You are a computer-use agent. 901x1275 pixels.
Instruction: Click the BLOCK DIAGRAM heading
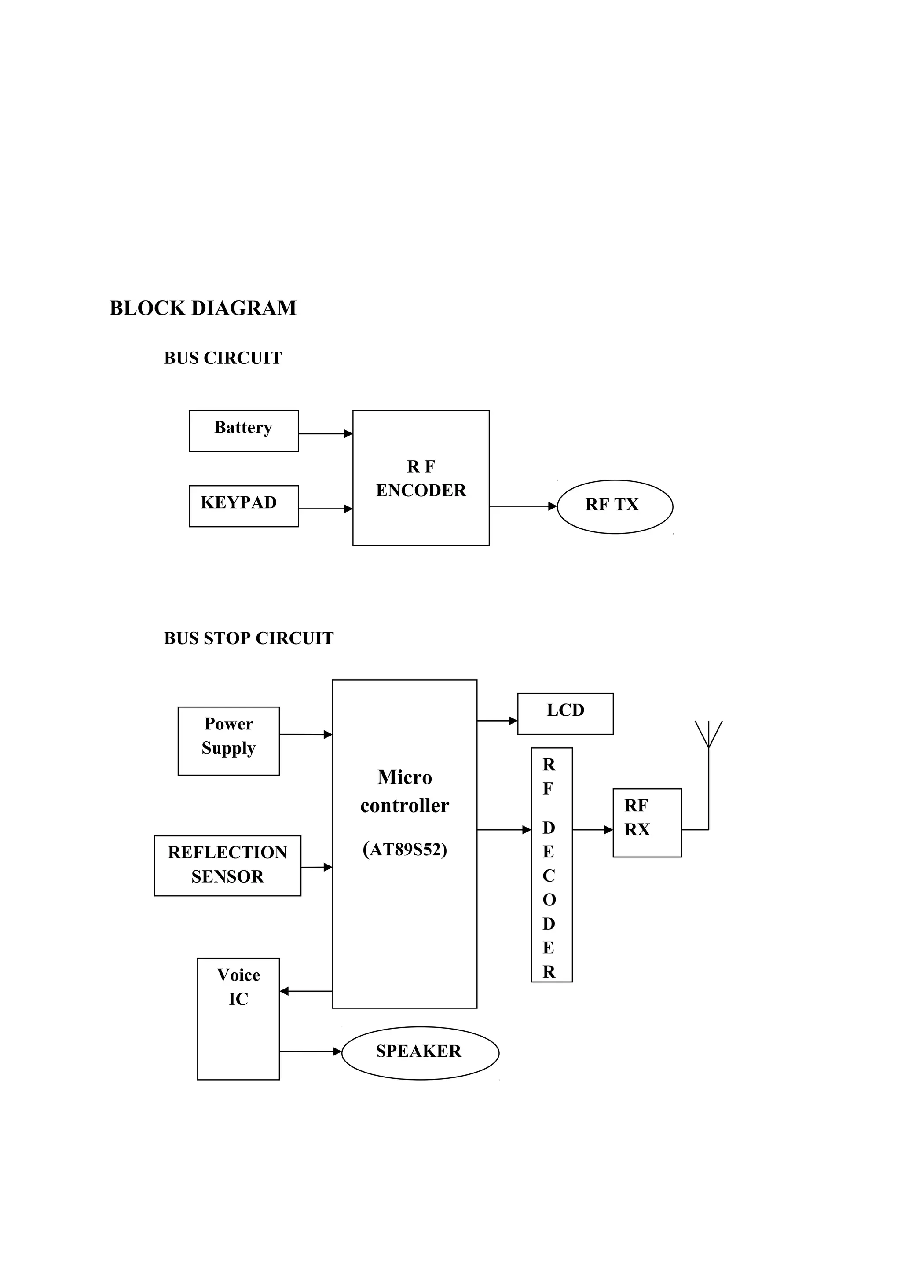click(x=203, y=308)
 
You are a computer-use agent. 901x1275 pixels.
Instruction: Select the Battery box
click(x=244, y=431)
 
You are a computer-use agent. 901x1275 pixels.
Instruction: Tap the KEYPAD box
click(x=244, y=506)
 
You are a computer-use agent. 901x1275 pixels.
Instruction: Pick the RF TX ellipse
click(x=615, y=506)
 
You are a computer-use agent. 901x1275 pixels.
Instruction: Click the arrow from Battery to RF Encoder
click(x=325, y=434)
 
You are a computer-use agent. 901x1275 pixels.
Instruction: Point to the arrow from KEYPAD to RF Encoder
click(x=325, y=509)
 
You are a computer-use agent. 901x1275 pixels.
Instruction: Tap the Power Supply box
click(x=229, y=741)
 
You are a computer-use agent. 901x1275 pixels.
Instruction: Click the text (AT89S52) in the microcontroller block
click(x=405, y=849)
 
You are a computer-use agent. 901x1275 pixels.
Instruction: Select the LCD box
click(x=565, y=714)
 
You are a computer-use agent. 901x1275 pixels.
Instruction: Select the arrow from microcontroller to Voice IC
click(x=306, y=991)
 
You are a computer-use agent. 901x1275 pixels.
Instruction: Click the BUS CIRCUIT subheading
click(x=223, y=358)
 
